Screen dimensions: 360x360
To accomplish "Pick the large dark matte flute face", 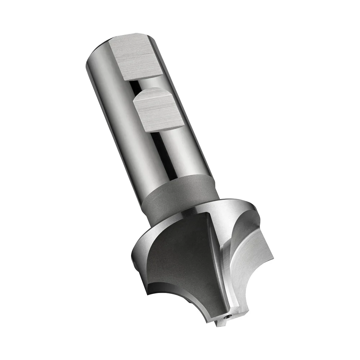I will pyautogui.click(x=180, y=259).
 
